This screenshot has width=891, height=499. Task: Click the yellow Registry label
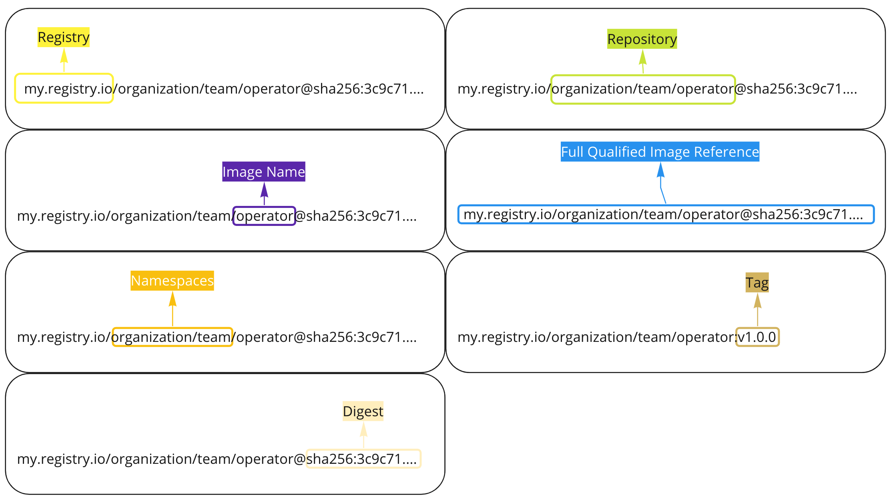pyautogui.click(x=63, y=37)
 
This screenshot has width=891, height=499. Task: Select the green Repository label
pyautogui.click(x=642, y=39)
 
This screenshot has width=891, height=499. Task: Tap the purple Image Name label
pyautogui.click(x=263, y=172)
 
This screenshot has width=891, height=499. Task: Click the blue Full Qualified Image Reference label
pyautogui.click(x=660, y=152)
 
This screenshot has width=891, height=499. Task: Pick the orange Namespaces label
pyautogui.click(x=172, y=281)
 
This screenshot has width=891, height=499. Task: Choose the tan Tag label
pyautogui.click(x=757, y=283)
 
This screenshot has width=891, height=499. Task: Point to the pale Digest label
pyautogui.click(x=363, y=411)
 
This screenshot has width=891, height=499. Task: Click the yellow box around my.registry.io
pyautogui.click(x=64, y=88)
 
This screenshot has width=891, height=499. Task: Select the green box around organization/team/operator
pyautogui.click(x=643, y=89)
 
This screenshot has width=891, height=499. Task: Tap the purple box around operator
pyautogui.click(x=264, y=216)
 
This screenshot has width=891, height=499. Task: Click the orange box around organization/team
pyautogui.click(x=172, y=337)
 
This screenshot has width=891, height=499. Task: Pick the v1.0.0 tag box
pyautogui.click(x=757, y=337)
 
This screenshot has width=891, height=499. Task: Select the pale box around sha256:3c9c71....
pyautogui.click(x=363, y=459)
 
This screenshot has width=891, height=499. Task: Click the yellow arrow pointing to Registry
pyautogui.click(x=64, y=60)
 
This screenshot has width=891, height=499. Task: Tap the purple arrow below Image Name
pyautogui.click(x=264, y=194)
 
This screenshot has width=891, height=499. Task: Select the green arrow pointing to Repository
pyautogui.click(x=643, y=62)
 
